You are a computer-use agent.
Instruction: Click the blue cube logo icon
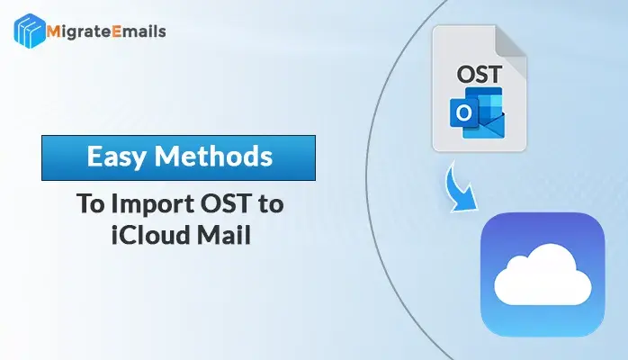[x=30, y=31]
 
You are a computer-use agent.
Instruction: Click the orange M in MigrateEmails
[x=53, y=31]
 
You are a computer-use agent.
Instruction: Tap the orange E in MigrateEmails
[x=117, y=31]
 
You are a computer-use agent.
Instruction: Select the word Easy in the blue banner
[x=116, y=157]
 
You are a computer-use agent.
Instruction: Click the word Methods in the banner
[x=213, y=156]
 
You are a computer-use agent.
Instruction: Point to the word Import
[x=152, y=204]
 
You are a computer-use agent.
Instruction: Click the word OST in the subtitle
[x=226, y=203]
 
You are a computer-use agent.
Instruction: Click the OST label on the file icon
[x=479, y=75]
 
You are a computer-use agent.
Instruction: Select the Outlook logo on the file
[x=477, y=112]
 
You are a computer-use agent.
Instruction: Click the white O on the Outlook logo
[x=463, y=113]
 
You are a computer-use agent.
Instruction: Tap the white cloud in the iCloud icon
[x=543, y=275]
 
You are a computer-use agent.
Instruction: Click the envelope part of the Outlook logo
[x=484, y=126]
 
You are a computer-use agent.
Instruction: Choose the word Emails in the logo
[x=139, y=31]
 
